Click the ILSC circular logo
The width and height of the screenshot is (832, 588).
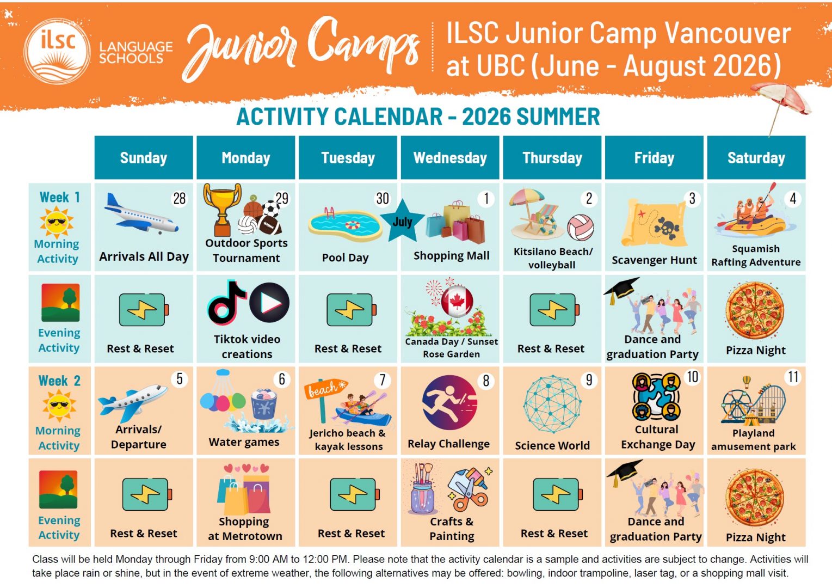point(57,51)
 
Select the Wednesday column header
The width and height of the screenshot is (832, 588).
point(450,157)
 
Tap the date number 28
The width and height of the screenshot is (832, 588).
point(180,199)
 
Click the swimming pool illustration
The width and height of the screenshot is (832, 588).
point(345,224)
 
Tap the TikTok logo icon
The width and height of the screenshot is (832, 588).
point(227,302)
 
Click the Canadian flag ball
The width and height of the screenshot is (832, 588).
point(457,302)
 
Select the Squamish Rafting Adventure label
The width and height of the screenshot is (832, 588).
point(756,255)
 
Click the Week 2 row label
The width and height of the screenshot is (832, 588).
point(59,381)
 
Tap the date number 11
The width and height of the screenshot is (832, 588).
point(793,377)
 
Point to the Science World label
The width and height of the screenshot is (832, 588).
point(552,445)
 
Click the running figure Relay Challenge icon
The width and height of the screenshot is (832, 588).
point(450,402)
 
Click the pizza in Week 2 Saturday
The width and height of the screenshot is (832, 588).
point(755,497)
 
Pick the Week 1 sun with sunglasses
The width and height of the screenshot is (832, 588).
point(57,222)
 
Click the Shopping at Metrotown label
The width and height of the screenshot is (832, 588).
point(245,529)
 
